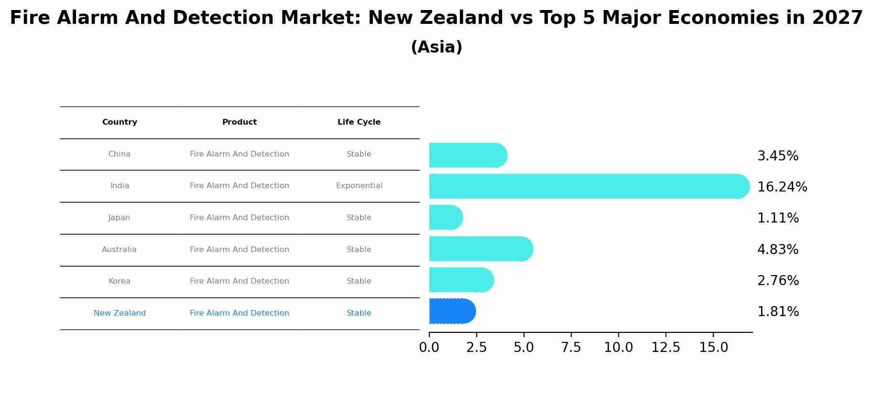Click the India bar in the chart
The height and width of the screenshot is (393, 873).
[588, 186]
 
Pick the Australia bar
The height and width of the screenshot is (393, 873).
[480, 249]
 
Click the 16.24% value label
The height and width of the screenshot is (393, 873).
[782, 187]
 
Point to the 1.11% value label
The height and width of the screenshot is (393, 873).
[778, 218]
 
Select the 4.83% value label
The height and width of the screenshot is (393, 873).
[778, 250]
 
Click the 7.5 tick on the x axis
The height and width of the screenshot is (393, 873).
[571, 348]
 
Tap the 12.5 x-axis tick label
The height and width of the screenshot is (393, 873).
[666, 348]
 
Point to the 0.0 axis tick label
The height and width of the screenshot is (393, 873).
[429, 348]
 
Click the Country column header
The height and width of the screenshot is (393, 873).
[120, 122]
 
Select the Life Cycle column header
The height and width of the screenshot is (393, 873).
[359, 122]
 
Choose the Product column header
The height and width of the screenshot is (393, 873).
[240, 122]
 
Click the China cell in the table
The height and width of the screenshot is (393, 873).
[120, 154]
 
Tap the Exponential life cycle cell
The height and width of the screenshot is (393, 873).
[359, 186]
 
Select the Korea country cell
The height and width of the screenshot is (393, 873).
[120, 281]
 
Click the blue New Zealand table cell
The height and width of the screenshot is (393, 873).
[120, 313]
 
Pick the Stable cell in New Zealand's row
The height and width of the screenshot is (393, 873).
[359, 313]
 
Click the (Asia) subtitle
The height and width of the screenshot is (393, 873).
[436, 47]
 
